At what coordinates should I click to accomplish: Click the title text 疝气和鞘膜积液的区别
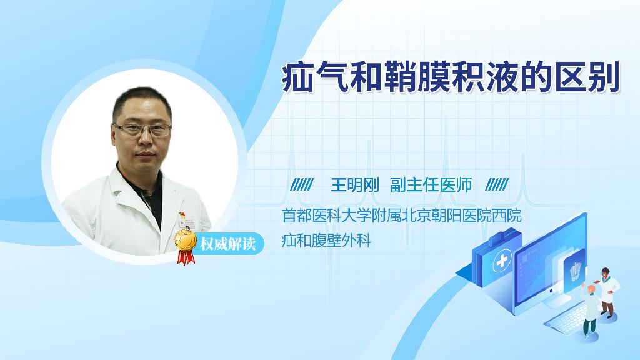click(451, 77)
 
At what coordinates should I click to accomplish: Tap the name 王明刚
click(355, 185)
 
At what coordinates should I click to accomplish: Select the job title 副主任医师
click(431, 185)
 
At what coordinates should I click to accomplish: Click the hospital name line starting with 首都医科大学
click(402, 216)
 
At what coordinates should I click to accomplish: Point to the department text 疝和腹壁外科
click(326, 241)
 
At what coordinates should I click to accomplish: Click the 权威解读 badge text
click(227, 244)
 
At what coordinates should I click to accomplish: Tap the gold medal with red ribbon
click(186, 246)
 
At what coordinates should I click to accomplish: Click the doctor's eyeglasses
click(142, 130)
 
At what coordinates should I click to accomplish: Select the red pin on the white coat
click(182, 215)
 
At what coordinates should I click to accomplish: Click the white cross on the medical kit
click(502, 261)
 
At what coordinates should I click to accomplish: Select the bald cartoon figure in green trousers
click(590, 310)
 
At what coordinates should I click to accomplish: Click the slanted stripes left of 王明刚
click(302, 185)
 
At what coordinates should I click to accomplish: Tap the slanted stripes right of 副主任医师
click(497, 185)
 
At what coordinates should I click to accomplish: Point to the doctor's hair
click(141, 102)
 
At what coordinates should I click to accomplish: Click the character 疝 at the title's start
click(298, 77)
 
